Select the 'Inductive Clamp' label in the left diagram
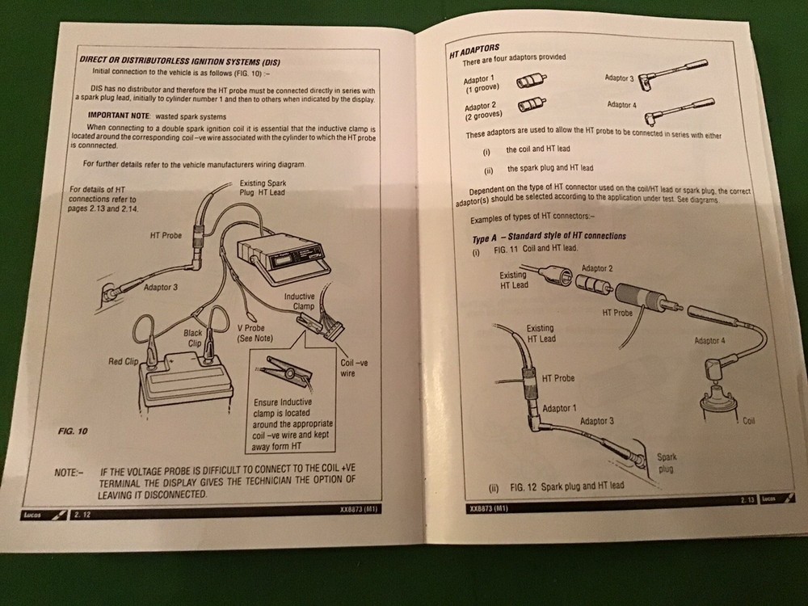(299, 302)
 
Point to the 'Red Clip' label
(126, 361)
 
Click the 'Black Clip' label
(194, 337)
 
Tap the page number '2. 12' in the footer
(82, 514)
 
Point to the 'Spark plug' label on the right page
(666, 462)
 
